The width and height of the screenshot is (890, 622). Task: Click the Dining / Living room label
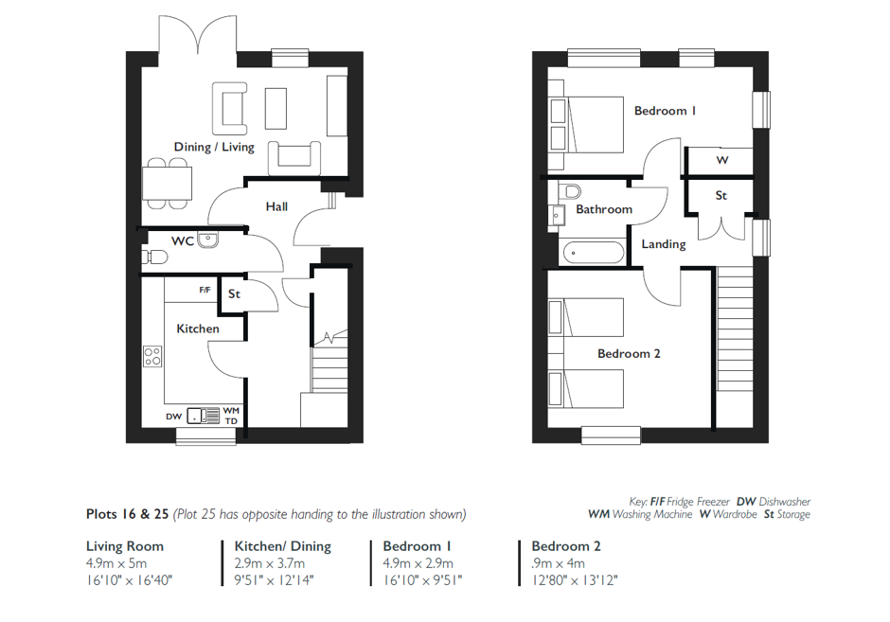click(x=214, y=147)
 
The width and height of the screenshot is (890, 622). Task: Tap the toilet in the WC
click(x=154, y=258)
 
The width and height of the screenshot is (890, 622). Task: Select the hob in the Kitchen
click(x=152, y=356)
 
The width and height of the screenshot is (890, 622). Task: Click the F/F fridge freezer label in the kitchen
click(x=205, y=290)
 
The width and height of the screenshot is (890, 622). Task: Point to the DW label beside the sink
click(x=173, y=417)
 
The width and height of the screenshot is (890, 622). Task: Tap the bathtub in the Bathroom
click(x=593, y=252)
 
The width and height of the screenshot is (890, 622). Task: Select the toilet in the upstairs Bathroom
click(x=569, y=190)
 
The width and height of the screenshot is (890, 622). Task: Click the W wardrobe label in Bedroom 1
click(x=722, y=160)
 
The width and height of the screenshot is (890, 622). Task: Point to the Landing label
click(x=664, y=244)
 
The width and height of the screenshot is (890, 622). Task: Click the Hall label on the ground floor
click(x=276, y=206)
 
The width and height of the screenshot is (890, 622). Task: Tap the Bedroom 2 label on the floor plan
click(x=629, y=353)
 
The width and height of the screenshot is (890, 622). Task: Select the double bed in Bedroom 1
click(x=587, y=124)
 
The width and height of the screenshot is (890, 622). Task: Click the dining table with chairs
click(x=167, y=184)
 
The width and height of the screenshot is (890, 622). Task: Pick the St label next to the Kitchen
click(x=234, y=294)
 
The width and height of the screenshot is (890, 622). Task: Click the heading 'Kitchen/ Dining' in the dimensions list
click(x=283, y=546)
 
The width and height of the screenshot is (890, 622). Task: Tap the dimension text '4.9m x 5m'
click(x=116, y=563)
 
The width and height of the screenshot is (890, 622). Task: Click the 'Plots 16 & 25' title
click(x=127, y=514)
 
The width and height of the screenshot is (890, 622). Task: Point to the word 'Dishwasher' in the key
click(x=784, y=502)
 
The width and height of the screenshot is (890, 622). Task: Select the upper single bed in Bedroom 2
click(x=586, y=317)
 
